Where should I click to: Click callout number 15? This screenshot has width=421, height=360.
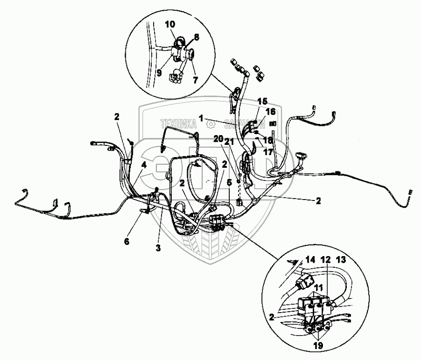click(x=262, y=101)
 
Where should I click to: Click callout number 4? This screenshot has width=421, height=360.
click(x=143, y=165)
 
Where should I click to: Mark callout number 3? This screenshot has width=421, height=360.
click(x=158, y=248)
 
